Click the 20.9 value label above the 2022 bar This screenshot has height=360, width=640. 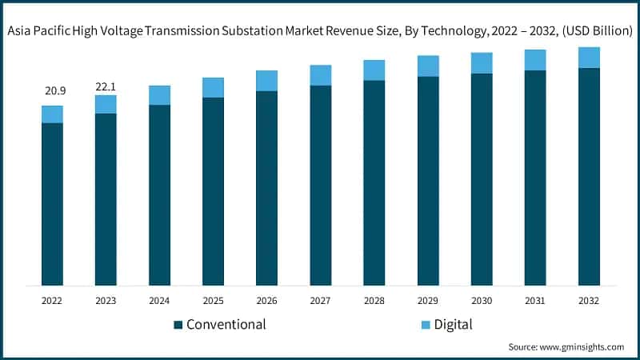pos(52,91)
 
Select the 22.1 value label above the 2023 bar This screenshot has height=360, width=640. pos(106,86)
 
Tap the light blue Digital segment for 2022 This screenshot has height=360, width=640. pos(52,114)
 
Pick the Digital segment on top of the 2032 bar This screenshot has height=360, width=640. pos(589,58)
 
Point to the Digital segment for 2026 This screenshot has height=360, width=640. pos(266,81)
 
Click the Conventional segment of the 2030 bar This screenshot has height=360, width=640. pos(482,179)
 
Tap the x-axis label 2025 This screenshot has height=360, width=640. pos(213,301)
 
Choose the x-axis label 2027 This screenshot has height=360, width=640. pos(320,301)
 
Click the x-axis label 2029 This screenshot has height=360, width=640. pos(428,301)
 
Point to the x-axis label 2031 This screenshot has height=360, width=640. pos(535,301)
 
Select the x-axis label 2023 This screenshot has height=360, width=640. pos(106,301)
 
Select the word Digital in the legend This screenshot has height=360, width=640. pos(454,325)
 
